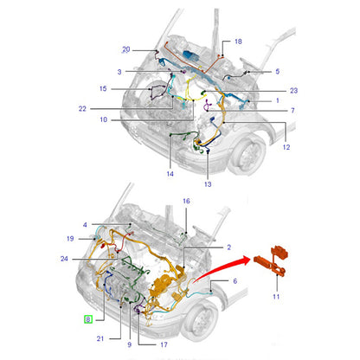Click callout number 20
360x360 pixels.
[126, 49]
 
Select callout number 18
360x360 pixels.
[238, 42]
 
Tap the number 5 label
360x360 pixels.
[278, 71]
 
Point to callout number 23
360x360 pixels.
[293, 91]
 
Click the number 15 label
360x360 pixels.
[103, 88]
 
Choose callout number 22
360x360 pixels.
[82, 109]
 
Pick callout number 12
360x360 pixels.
[286, 147]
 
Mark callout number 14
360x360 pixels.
[170, 174]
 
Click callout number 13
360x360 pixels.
[208, 184]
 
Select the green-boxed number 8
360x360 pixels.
[88, 319]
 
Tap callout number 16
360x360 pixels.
[186, 201]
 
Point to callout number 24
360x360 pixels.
[64, 259]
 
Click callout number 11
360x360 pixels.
[276, 296]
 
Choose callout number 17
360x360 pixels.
[164, 344]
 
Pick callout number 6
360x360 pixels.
[235, 281]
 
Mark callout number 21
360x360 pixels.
[100, 338]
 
